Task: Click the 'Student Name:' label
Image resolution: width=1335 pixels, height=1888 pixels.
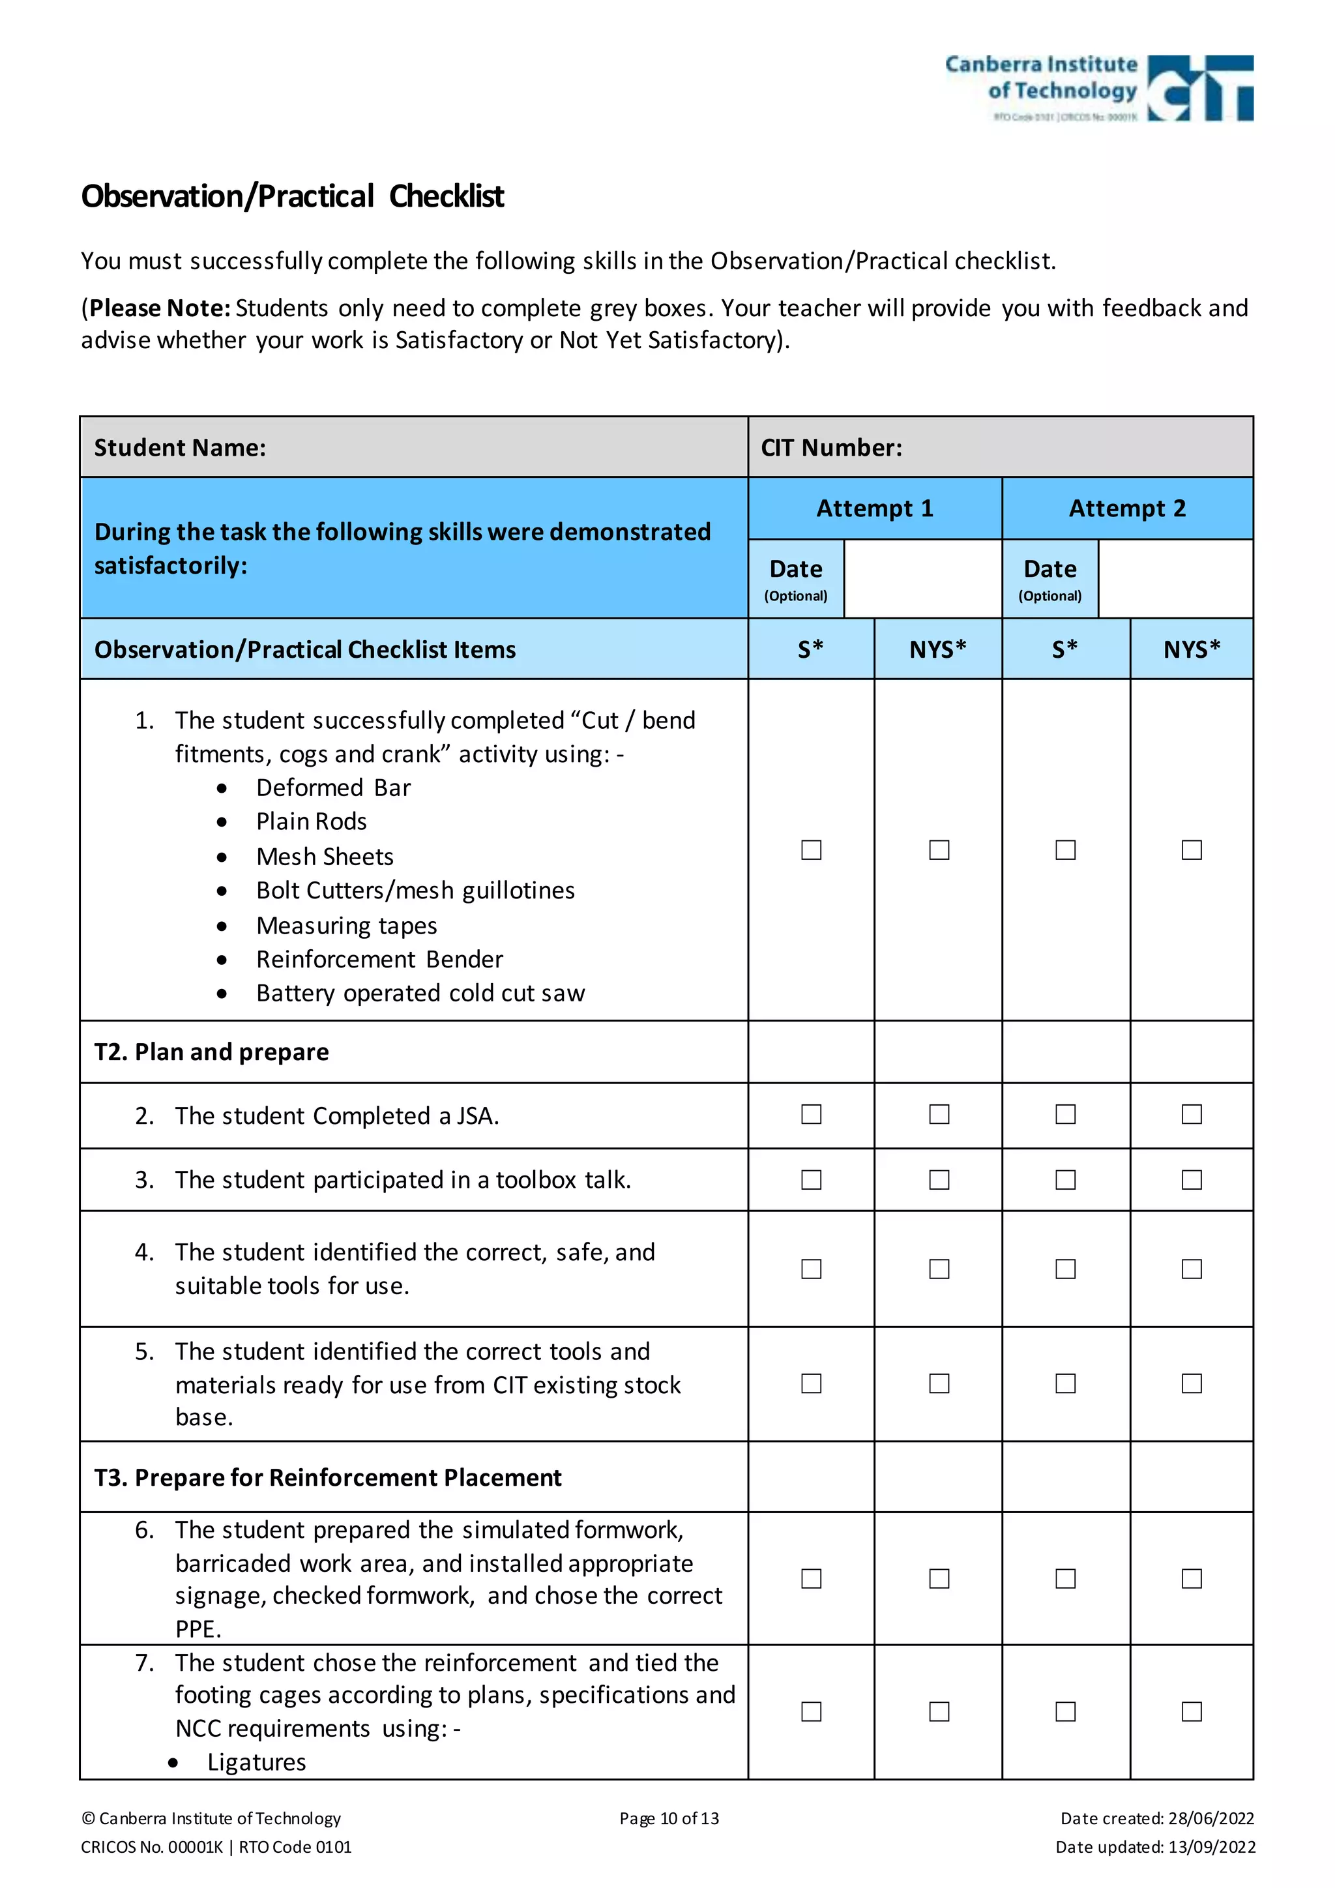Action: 180,447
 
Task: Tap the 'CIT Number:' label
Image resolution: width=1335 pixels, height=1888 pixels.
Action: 831,447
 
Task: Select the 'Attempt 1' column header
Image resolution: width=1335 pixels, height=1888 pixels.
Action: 875,508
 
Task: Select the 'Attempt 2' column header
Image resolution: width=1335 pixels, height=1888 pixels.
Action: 1127,508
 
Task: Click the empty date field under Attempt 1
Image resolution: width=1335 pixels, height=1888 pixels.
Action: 922,579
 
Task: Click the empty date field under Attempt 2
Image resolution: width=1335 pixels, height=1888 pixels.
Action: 1175,579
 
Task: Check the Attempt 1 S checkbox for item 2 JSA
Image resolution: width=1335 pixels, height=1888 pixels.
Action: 812,1114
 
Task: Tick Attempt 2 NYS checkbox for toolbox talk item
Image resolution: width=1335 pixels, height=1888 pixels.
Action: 1191,1180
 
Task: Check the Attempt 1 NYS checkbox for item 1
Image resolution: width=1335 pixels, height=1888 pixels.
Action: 939,849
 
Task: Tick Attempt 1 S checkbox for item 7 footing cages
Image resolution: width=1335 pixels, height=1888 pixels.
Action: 812,1711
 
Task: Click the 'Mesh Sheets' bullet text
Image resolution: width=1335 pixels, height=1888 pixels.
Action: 325,857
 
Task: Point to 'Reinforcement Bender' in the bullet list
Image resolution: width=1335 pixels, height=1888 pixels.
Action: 379,960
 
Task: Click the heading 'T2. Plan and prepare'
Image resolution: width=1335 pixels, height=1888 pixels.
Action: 211,1052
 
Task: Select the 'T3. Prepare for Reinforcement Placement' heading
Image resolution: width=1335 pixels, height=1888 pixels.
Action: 328,1478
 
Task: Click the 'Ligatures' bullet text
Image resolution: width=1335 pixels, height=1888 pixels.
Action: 256,1762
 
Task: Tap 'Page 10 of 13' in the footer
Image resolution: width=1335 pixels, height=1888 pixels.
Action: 669,1818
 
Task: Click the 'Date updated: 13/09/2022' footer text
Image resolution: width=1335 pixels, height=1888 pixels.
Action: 1155,1847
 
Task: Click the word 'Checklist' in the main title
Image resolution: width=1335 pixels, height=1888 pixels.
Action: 447,196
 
